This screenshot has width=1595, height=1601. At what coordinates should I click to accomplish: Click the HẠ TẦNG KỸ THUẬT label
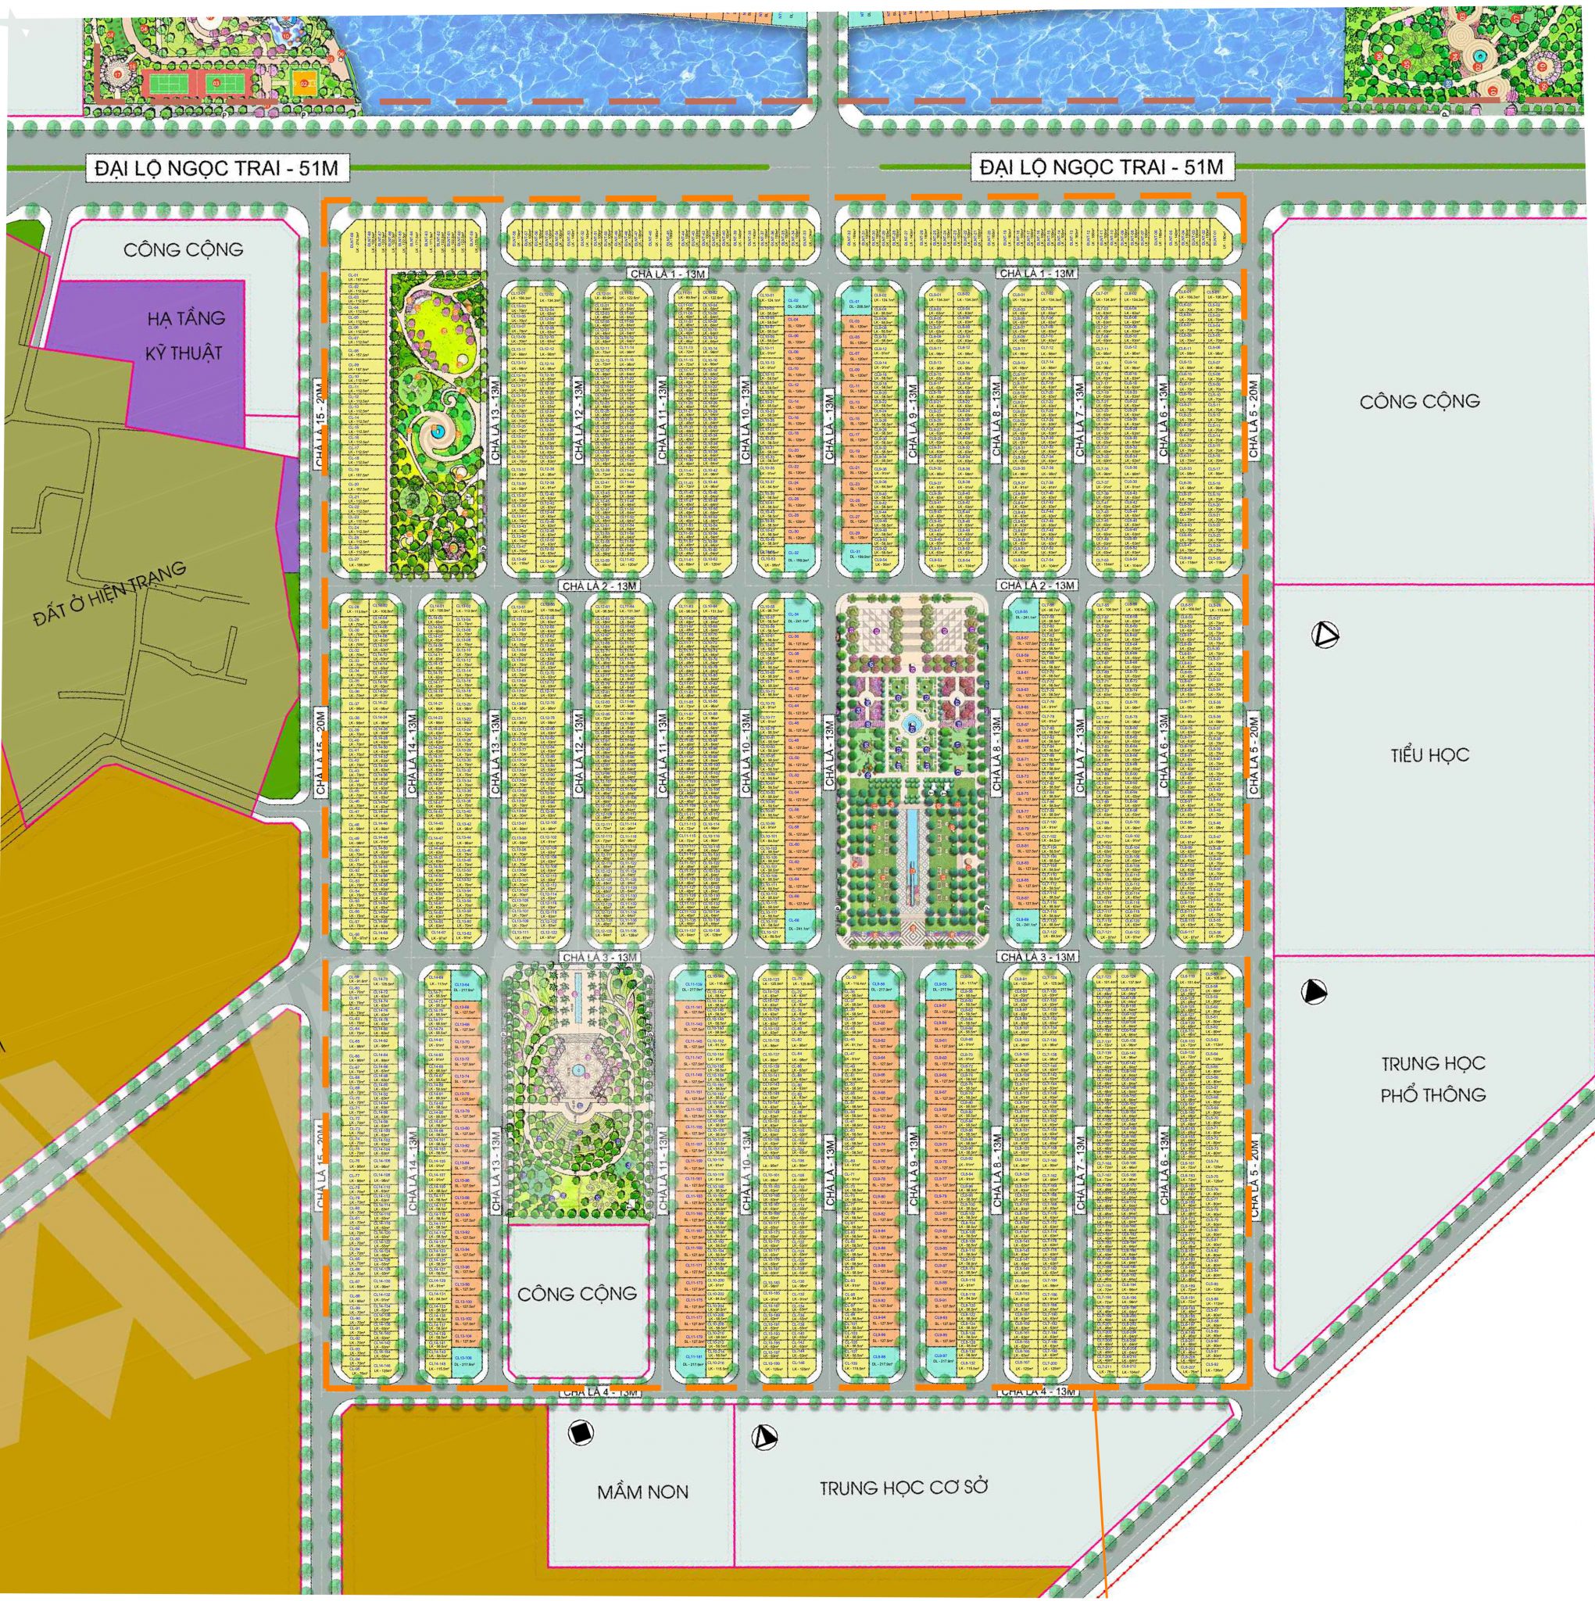coord(184,335)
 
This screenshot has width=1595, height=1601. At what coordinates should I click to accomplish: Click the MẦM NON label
coord(642,1492)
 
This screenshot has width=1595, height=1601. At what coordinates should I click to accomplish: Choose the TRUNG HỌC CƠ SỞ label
coord(904,1487)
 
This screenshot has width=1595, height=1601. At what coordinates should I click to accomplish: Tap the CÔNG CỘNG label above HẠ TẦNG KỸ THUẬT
coord(183,249)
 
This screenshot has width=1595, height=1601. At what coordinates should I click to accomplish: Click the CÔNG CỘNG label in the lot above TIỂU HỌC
coord(1418,401)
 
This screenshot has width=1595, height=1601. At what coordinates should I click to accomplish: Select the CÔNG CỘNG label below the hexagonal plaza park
coord(577,1293)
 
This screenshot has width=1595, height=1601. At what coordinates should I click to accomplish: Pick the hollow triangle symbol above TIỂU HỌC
coord(1325,636)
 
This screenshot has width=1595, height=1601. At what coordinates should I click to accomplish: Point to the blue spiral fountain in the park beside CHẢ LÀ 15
coord(437,429)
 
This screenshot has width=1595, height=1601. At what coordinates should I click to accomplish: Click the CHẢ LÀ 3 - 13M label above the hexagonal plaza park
coord(599,957)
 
